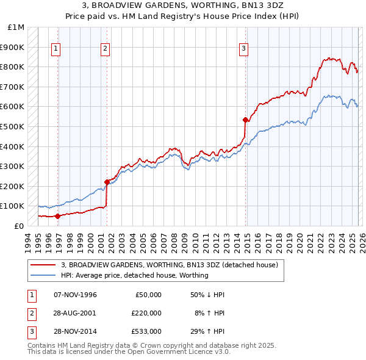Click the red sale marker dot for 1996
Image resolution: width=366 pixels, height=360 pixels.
pos(58,216)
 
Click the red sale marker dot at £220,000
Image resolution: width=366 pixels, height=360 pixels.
pos(107,182)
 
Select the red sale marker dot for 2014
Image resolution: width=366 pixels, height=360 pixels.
pos(245,120)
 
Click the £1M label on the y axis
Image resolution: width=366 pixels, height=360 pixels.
pos(16,27)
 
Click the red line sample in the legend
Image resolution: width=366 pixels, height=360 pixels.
pos(43,265)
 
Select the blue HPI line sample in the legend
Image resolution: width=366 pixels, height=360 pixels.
pos(43,275)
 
